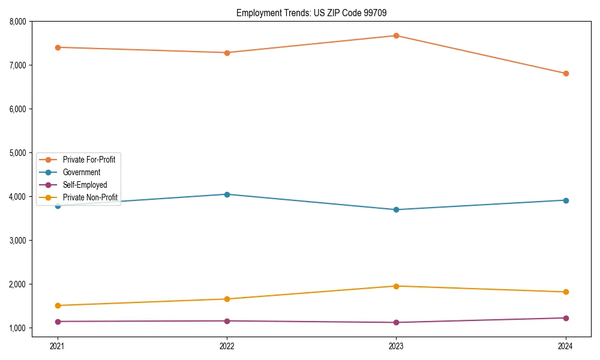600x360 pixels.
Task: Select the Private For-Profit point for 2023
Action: pos(396,35)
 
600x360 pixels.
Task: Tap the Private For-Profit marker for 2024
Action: pos(566,74)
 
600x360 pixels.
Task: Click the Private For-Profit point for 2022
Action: pos(227,53)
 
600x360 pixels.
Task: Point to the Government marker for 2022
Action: pos(227,194)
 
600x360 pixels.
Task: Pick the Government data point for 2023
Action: pos(396,209)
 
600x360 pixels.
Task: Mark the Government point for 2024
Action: pos(566,200)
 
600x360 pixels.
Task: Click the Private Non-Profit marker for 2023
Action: pos(396,286)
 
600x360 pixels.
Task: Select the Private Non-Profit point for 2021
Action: pos(58,305)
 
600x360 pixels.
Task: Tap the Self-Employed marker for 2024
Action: pos(566,318)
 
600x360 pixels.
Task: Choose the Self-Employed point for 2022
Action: pos(227,321)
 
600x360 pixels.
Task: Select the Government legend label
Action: pos(82,172)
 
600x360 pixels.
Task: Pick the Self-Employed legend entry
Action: pos(85,185)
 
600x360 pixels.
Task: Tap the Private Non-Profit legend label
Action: pos(90,197)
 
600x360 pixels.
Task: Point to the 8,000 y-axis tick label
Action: pos(17,22)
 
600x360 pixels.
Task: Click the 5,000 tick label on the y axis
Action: pos(17,153)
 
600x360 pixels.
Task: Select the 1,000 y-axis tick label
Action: pos(17,328)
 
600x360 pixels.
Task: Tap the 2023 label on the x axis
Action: pos(396,346)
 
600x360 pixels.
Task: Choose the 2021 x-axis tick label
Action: pos(58,346)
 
